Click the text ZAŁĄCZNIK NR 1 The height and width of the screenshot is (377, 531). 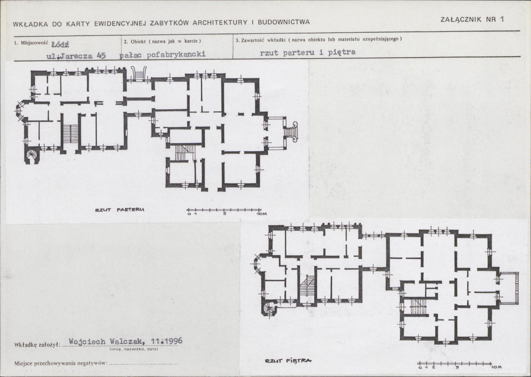click(472, 19)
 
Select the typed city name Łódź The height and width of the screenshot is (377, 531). click(60, 45)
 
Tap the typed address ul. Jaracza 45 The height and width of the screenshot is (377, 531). click(76, 56)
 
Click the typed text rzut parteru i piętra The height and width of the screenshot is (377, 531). click(307, 53)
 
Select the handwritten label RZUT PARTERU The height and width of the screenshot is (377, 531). click(120, 210)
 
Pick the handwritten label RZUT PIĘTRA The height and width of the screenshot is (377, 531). click(288, 361)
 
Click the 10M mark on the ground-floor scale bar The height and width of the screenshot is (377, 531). click(261, 214)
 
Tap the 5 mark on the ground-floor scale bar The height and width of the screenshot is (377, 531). click(225, 214)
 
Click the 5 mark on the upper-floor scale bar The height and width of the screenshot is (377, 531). click(457, 367)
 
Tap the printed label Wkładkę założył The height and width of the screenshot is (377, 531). click(37, 345)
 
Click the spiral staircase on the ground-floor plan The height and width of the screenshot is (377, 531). click(32, 156)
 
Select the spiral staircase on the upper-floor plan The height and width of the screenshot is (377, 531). click(269, 308)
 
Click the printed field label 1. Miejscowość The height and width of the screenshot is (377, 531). click(31, 43)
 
